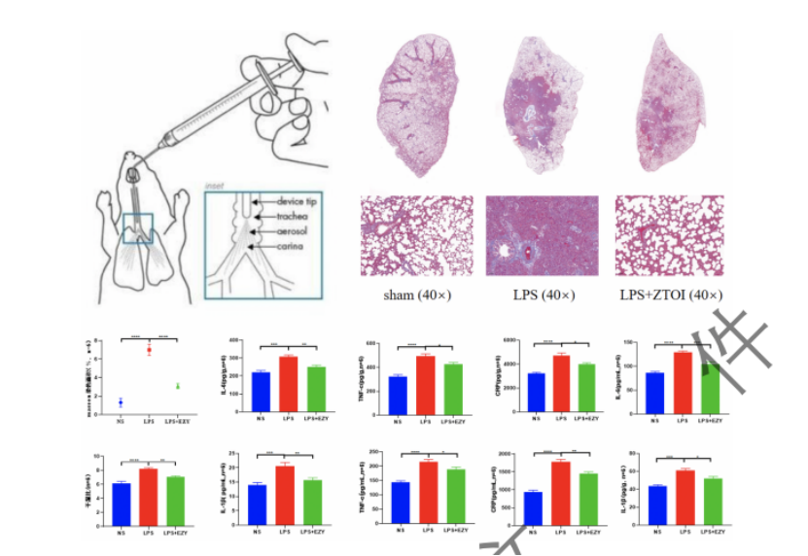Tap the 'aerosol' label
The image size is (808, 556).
click(294, 232)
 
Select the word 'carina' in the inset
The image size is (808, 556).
click(292, 248)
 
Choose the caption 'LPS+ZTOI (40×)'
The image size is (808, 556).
click(670, 295)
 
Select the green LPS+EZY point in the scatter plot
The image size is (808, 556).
click(178, 386)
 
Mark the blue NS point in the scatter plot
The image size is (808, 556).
click(121, 401)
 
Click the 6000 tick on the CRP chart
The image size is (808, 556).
click(521, 341)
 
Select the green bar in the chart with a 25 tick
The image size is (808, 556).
click(311, 501)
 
